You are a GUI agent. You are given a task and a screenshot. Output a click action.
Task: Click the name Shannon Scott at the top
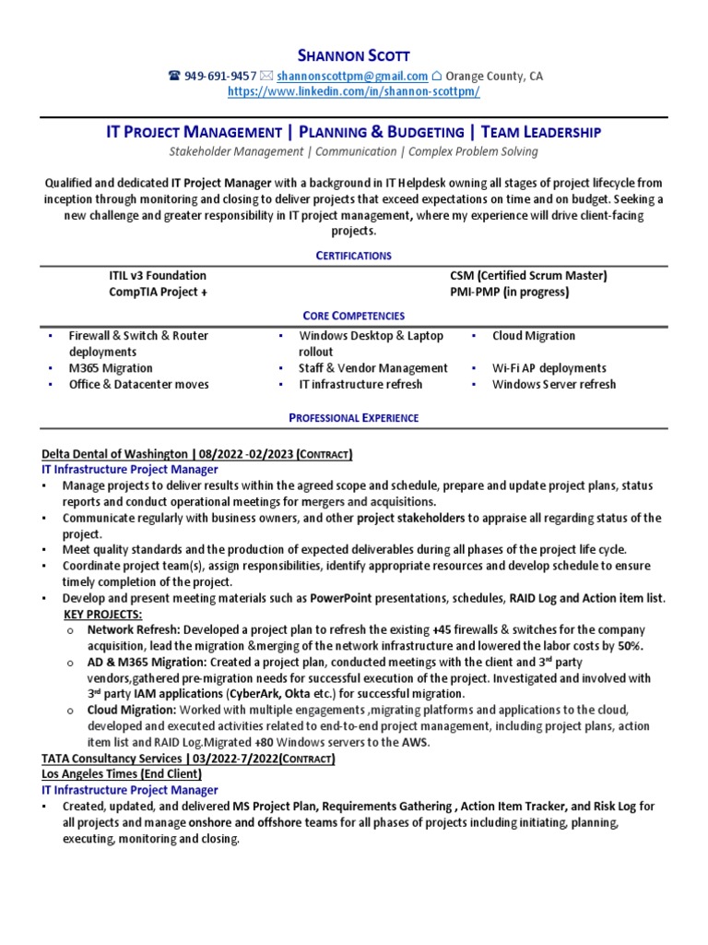coord(354,55)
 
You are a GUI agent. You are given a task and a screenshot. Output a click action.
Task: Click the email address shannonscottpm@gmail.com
coord(351,77)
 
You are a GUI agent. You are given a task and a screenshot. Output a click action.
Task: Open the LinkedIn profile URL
coord(354,92)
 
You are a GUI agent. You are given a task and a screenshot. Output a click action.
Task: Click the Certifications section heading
coord(354,255)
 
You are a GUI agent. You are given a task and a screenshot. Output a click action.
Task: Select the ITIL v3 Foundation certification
coord(158,276)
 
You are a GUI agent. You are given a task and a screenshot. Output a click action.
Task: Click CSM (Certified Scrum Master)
coord(528,276)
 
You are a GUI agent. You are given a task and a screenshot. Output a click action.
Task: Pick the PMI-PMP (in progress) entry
coord(510,292)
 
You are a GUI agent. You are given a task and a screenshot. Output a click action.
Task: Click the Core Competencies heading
coord(354,316)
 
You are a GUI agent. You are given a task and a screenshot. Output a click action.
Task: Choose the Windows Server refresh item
coord(553,384)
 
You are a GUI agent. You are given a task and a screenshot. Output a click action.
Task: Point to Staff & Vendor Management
coord(373,368)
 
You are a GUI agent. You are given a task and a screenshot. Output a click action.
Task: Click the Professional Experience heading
coord(354,418)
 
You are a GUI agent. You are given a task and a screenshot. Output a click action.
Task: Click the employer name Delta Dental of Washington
coord(115,454)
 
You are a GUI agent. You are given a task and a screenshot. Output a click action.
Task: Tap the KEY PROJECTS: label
coord(102,614)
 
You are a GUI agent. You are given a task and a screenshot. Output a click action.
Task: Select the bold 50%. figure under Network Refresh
coord(631,646)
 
